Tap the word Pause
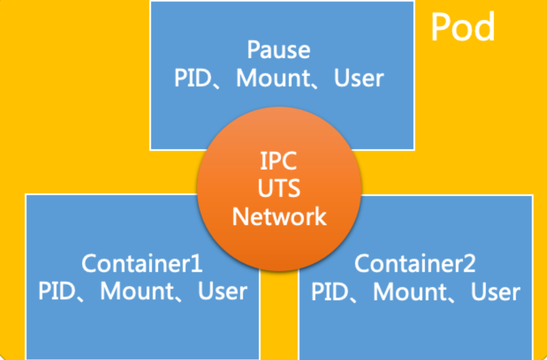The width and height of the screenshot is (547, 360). (x=279, y=50)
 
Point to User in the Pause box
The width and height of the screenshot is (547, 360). (x=359, y=78)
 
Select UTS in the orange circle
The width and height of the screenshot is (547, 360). (x=279, y=189)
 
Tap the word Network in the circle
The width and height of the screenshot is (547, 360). (x=279, y=216)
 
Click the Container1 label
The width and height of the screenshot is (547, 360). (x=142, y=263)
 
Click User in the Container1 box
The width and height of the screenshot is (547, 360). (x=223, y=291)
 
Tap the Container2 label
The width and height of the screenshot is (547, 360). (x=415, y=263)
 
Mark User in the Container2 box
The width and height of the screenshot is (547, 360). (x=495, y=291)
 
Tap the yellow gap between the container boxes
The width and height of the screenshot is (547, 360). (x=279, y=315)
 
